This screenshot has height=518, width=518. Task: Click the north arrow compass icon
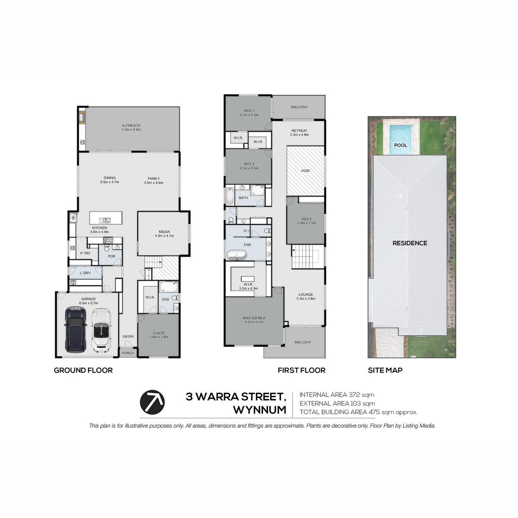coord(152,402)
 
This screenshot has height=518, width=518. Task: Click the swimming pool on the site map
coord(401,138)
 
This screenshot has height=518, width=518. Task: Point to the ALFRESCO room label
coord(131,125)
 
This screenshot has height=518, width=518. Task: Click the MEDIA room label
coord(164,232)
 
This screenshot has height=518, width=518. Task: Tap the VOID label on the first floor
coord(305,171)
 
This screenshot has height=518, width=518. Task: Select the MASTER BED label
coord(254,318)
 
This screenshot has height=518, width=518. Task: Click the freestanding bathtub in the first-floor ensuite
coord(237,255)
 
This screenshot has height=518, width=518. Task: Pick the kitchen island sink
coord(105,220)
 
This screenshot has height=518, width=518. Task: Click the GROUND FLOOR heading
coord(83,370)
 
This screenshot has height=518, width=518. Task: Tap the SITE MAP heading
coord(385,370)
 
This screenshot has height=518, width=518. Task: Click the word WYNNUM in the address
coord(260,410)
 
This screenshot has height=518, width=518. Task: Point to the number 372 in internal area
coord(354,395)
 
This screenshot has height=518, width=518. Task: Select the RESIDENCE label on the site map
coord(410,243)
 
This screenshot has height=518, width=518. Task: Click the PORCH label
coord(128,353)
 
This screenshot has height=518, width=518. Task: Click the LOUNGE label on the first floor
coord(306,294)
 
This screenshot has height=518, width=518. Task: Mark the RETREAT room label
coord(299,131)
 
